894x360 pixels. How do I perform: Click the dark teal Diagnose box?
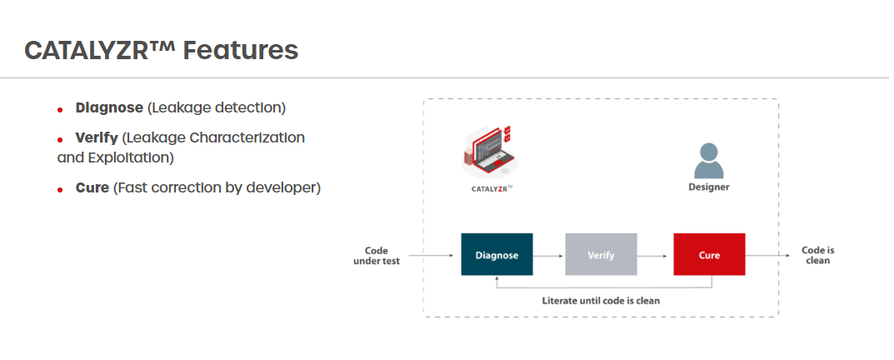[497, 254]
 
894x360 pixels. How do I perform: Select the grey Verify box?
[601, 254]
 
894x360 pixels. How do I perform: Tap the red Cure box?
[709, 254]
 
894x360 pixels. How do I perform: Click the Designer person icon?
[708, 161]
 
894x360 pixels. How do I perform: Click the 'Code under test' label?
[382, 255]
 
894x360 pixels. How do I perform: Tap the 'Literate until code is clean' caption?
[601, 300]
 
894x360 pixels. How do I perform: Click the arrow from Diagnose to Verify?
[549, 254]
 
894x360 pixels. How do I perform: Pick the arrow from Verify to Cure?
[655, 254]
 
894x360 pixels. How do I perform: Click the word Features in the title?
[241, 50]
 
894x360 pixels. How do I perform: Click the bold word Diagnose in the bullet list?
[109, 107]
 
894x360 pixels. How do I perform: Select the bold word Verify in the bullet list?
[97, 137]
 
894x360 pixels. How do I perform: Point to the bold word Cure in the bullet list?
[92, 187]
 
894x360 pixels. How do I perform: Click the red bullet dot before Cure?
[60, 190]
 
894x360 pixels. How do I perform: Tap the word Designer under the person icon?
[708, 187]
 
